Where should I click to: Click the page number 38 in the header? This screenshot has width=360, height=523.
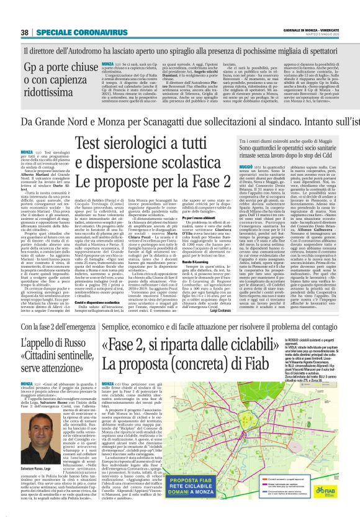click(25, 32)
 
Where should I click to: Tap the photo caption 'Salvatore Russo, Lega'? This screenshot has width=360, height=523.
click(38, 485)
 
